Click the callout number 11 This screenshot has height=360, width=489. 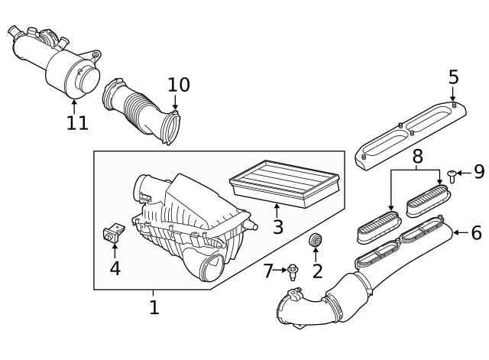(76, 122)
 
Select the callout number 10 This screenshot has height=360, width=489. (178, 85)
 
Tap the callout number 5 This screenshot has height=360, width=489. (453, 76)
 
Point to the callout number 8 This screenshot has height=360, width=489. (417, 157)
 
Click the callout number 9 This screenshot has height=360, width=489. (479, 172)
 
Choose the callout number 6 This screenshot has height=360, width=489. (476, 232)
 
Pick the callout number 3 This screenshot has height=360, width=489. (277, 226)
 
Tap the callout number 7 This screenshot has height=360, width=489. (268, 270)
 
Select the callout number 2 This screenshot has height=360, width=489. (317, 270)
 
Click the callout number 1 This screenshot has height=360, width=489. (154, 307)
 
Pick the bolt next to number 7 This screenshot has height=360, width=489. (293, 271)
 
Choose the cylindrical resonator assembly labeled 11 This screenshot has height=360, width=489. (57, 61)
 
